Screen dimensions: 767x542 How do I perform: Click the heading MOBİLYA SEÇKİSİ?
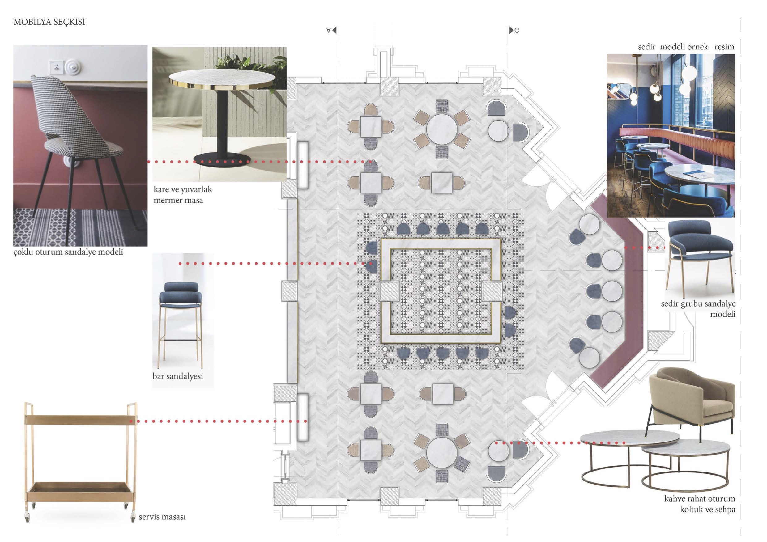point(49,22)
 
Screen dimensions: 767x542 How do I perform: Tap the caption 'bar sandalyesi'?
point(178,376)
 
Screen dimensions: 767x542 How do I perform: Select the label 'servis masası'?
point(162,517)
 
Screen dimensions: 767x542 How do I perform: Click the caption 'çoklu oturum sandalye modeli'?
point(68,252)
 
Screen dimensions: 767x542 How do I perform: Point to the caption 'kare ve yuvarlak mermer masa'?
point(183,195)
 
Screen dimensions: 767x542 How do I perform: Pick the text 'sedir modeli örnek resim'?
point(686,47)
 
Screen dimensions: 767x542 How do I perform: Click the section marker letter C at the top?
point(517,30)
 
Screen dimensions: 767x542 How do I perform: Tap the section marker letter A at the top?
point(328,30)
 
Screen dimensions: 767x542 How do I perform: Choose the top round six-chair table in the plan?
point(442,129)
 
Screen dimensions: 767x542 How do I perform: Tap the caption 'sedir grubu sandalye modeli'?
point(698,309)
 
